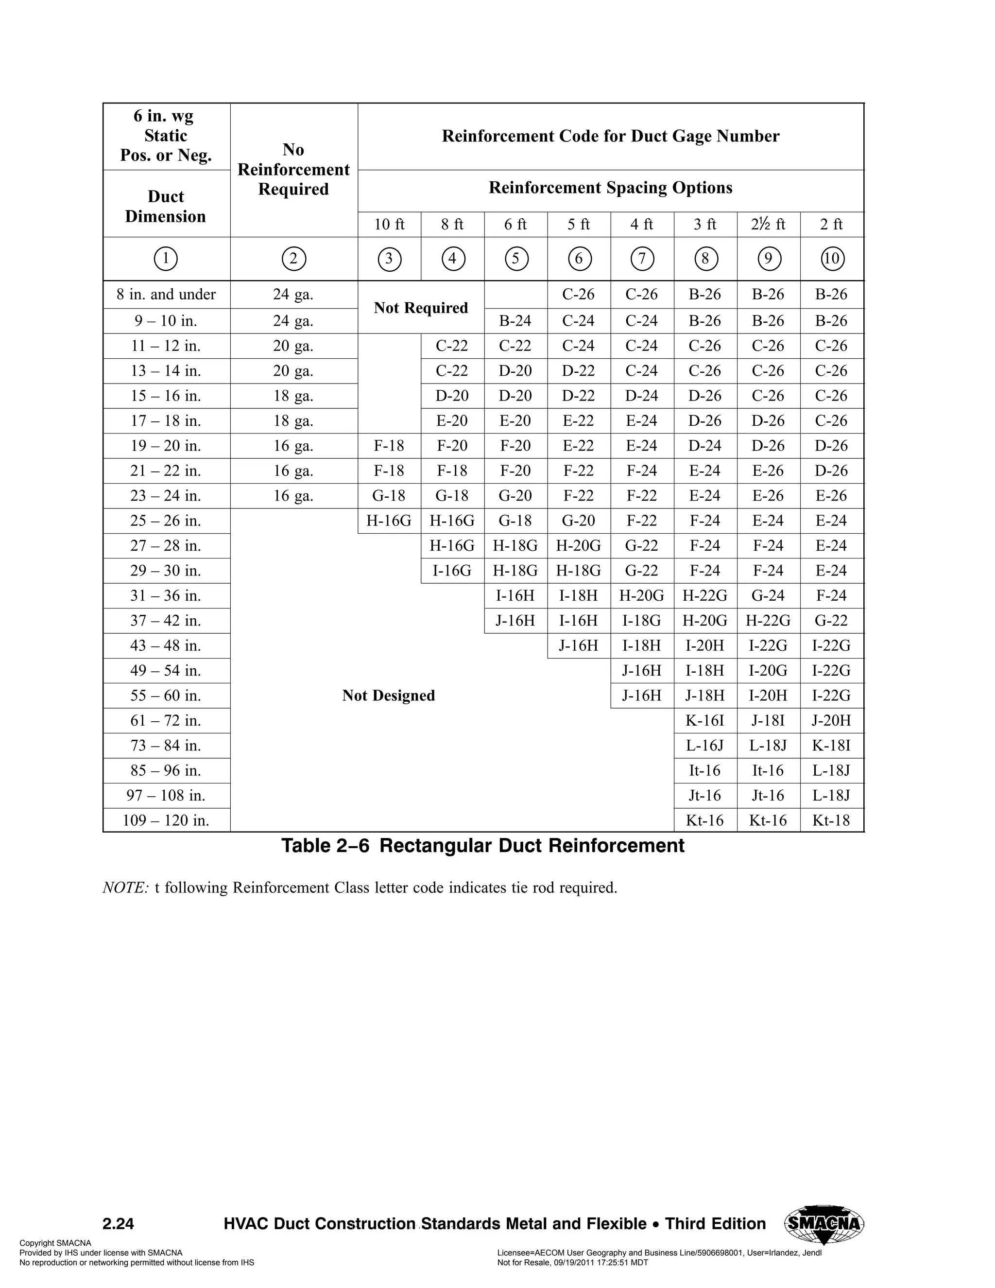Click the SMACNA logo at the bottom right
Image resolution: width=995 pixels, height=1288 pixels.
(824, 1224)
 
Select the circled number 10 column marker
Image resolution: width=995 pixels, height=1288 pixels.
(832, 258)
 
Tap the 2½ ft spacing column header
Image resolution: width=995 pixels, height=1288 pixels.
(768, 225)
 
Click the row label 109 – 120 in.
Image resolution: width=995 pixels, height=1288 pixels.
(166, 820)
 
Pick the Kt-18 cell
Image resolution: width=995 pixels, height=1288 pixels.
(831, 820)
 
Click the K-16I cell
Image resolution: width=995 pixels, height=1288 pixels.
(705, 721)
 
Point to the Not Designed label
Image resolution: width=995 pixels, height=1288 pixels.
(389, 696)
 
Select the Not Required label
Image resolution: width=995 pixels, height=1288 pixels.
(420, 308)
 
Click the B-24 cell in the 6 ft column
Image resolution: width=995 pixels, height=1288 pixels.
(515, 321)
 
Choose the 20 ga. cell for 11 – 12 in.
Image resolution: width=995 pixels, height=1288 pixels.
(293, 346)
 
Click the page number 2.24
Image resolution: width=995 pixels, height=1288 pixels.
(119, 1224)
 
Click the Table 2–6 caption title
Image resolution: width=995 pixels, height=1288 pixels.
(483, 846)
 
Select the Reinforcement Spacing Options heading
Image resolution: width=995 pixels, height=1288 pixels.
(610, 188)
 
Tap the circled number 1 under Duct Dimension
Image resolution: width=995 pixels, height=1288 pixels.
(166, 258)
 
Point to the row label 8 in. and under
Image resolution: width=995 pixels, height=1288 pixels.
(166, 294)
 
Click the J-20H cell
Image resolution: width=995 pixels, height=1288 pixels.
(831, 721)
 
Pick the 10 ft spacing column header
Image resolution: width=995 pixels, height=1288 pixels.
(389, 225)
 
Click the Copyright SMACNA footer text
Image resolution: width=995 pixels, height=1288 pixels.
(55, 1243)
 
